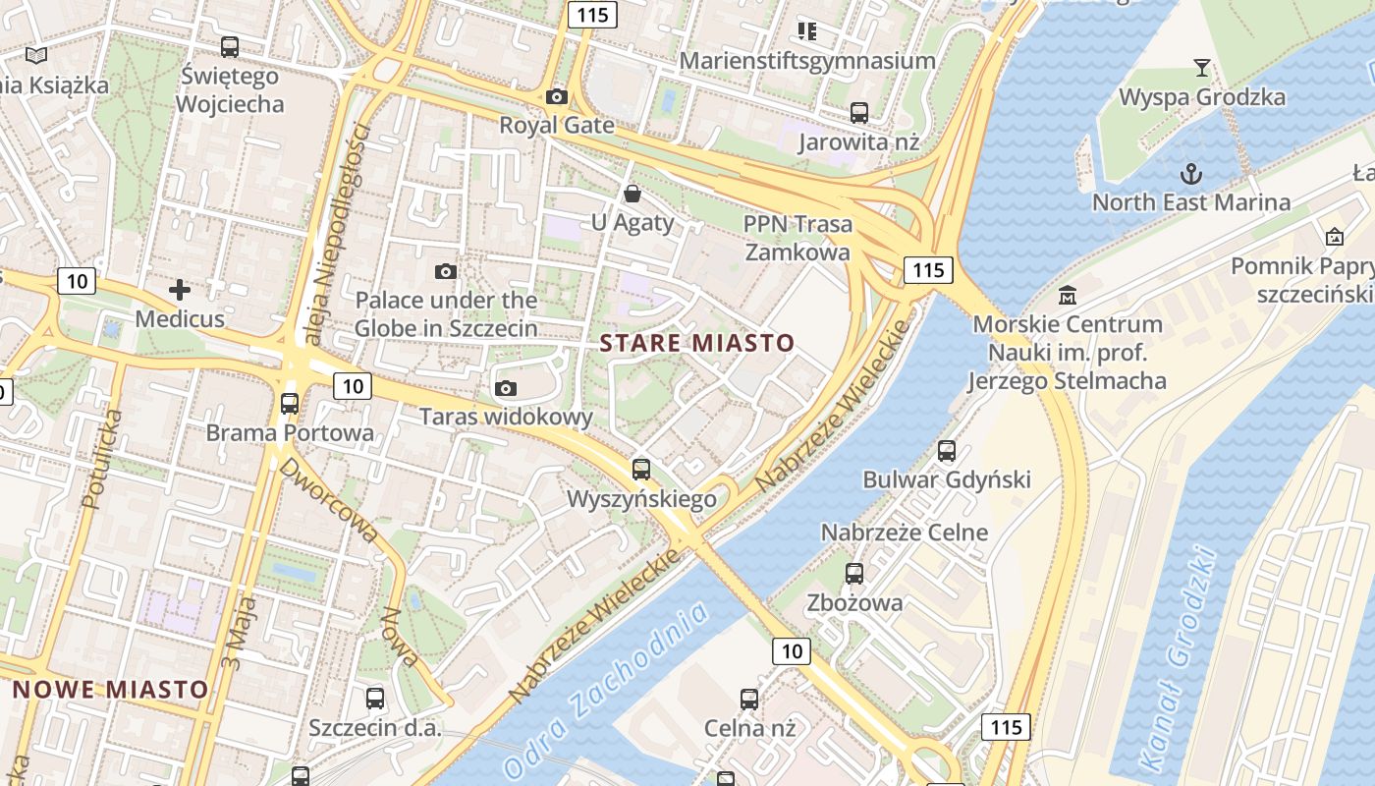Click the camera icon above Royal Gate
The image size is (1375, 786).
(557, 96)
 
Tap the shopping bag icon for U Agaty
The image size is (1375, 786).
(632, 194)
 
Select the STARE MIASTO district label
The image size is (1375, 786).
(697, 343)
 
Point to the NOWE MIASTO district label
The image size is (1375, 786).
(111, 689)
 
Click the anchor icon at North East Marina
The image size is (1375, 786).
(1190, 174)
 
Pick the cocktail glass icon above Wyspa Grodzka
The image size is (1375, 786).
(1201, 68)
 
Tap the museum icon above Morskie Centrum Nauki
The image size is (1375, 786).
(1067, 295)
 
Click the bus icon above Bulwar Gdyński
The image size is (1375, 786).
(947, 451)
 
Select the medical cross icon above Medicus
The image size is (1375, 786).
(180, 290)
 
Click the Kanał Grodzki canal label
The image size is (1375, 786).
(1180, 659)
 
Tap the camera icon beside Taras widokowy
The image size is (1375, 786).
(506, 388)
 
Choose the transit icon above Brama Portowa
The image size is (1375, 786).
(290, 403)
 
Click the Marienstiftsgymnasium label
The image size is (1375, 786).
(807, 61)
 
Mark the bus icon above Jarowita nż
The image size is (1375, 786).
(859, 112)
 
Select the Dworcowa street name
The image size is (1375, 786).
(329, 500)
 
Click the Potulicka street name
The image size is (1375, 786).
(103, 459)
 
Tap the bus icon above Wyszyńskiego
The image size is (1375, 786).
(641, 469)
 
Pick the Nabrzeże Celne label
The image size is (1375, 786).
(905, 533)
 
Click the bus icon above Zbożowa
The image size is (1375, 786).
(854, 573)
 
